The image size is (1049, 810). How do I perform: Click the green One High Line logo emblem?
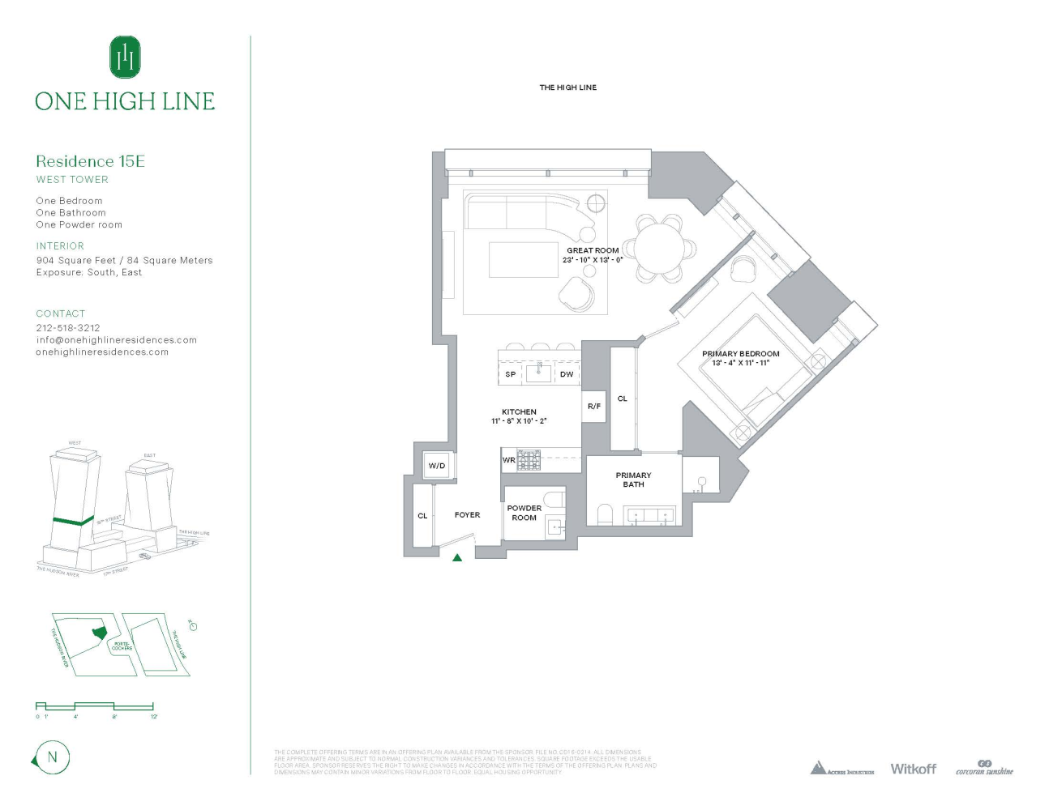tap(125, 57)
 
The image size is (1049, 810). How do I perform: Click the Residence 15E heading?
tap(90, 161)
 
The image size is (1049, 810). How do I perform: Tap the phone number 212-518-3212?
tap(68, 328)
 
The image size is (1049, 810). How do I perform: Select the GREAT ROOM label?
tap(593, 250)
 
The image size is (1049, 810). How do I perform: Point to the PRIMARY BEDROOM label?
tap(740, 354)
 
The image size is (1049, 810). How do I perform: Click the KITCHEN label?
tap(519, 411)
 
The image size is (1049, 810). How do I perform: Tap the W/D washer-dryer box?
tap(437, 466)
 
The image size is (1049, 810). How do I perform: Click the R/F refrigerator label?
tap(594, 406)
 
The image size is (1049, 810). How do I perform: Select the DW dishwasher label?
tap(567, 374)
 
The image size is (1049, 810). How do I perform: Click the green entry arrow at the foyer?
tap(457, 557)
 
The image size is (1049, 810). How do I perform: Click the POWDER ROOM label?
tap(524, 513)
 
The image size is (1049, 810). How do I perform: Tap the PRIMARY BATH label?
tap(633, 480)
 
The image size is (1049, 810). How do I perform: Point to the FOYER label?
tap(467, 515)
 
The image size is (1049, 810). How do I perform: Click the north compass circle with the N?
tap(53, 758)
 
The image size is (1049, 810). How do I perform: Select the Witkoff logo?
tap(913, 769)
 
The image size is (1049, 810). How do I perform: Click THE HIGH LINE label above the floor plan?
tap(568, 87)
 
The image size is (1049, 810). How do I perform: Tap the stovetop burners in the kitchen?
tap(529, 460)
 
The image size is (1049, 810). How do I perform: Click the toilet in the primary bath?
tap(605, 514)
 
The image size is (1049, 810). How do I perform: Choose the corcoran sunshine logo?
tap(984, 768)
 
